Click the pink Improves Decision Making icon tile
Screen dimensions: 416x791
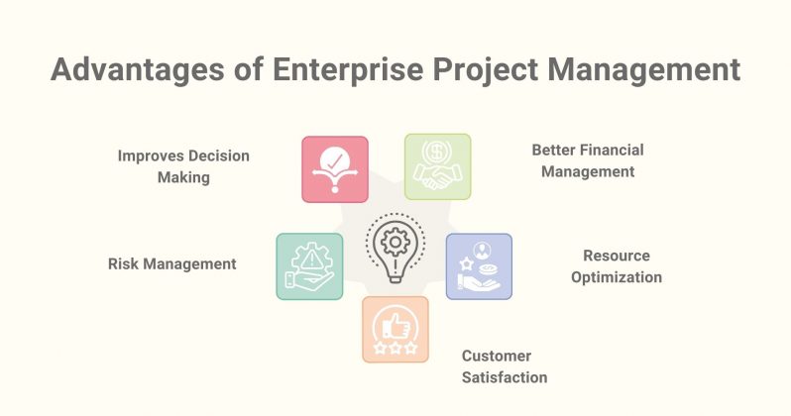click(335, 169)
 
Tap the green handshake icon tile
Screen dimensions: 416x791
click(437, 166)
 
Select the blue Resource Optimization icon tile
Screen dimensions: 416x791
click(479, 266)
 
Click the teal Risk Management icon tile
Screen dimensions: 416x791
click(309, 266)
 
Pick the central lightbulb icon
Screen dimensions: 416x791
click(395, 249)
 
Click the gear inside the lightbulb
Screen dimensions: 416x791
click(395, 241)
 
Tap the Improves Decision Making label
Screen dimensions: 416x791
click(183, 165)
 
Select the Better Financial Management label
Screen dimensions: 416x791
click(587, 160)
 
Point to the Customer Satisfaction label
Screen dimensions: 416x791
click(505, 366)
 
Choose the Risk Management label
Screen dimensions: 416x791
click(171, 263)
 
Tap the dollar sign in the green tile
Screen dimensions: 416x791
click(437, 154)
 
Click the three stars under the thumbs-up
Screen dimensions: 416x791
click(395, 349)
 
